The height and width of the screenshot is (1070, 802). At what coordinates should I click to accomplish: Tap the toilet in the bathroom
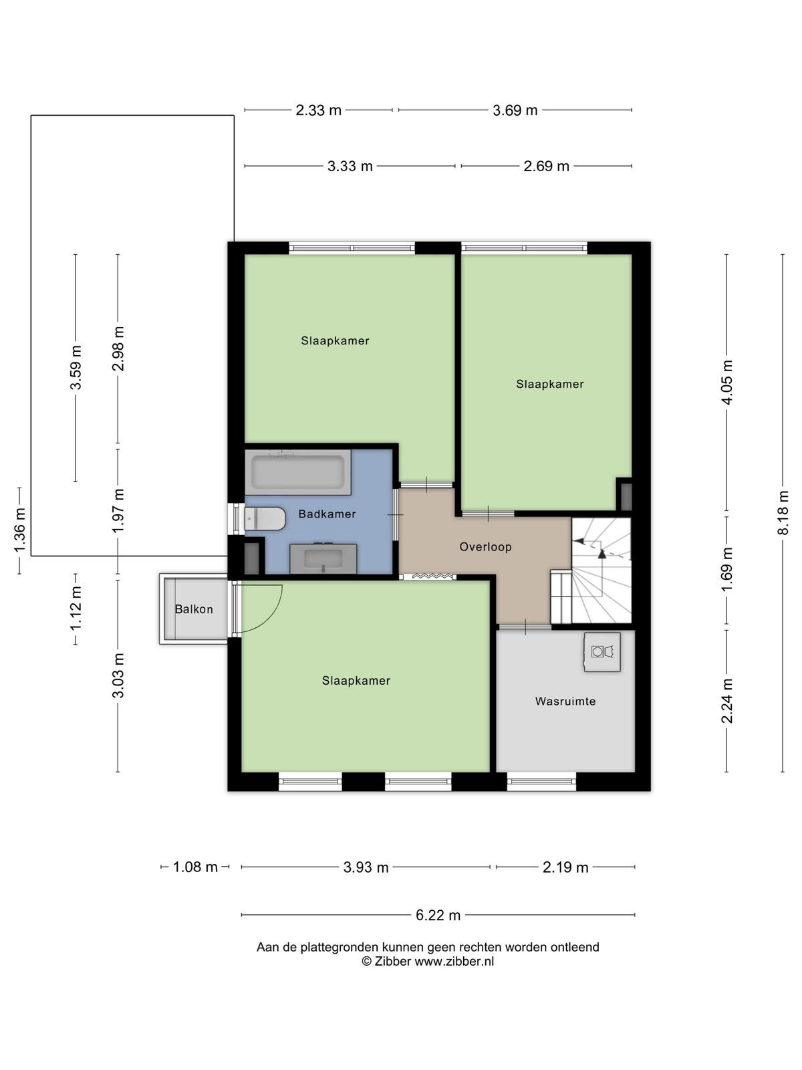point(265,519)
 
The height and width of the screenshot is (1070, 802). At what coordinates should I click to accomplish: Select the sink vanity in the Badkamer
point(323,558)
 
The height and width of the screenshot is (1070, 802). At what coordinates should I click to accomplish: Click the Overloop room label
point(485,547)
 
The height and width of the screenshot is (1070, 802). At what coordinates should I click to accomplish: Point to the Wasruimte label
point(565,702)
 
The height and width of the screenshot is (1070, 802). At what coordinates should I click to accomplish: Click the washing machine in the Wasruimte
point(602,652)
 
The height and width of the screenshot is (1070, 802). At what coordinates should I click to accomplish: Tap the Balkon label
point(194,609)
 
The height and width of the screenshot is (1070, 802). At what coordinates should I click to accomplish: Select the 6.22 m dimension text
point(438,916)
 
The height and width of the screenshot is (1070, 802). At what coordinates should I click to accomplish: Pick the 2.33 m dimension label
point(319,110)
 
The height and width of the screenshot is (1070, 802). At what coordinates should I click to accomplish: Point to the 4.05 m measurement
point(727,382)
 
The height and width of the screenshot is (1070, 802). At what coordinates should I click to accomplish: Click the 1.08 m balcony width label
point(195,867)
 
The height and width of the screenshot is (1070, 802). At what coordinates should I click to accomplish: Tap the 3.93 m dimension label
point(366,867)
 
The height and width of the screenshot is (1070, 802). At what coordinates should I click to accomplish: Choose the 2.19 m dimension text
point(565,867)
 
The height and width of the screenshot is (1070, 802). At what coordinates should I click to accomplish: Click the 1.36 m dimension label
point(19,530)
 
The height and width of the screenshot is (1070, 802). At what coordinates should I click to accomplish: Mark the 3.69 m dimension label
point(515,110)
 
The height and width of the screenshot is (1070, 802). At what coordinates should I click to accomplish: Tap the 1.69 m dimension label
point(727,570)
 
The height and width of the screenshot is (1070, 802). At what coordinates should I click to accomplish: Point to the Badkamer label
point(327,514)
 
